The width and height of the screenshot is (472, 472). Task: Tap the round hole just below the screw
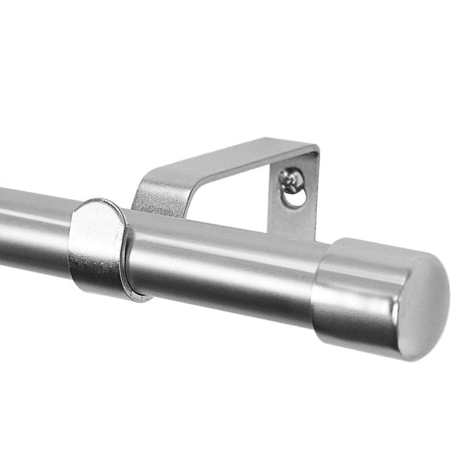point(293,197)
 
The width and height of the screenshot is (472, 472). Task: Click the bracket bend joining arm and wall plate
point(313,149)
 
